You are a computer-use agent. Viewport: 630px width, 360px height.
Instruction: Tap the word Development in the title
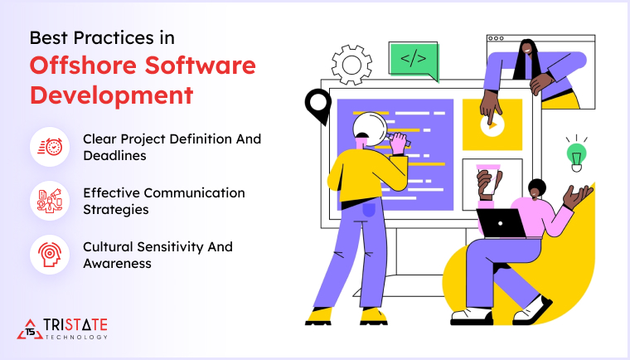tap(111, 94)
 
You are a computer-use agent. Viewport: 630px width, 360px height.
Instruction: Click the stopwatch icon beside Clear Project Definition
tap(49, 147)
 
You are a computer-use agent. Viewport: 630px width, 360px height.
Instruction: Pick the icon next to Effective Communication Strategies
tap(49, 201)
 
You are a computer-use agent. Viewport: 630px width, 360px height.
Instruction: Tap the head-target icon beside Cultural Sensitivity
tap(49, 255)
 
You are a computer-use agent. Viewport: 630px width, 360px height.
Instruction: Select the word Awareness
tap(116, 263)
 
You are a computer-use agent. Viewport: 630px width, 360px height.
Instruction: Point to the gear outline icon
tap(351, 63)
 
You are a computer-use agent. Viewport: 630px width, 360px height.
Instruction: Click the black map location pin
tap(317, 105)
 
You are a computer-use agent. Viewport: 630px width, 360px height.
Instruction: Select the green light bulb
tap(575, 153)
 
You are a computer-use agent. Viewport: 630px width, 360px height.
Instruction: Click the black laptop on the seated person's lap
tap(501, 223)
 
